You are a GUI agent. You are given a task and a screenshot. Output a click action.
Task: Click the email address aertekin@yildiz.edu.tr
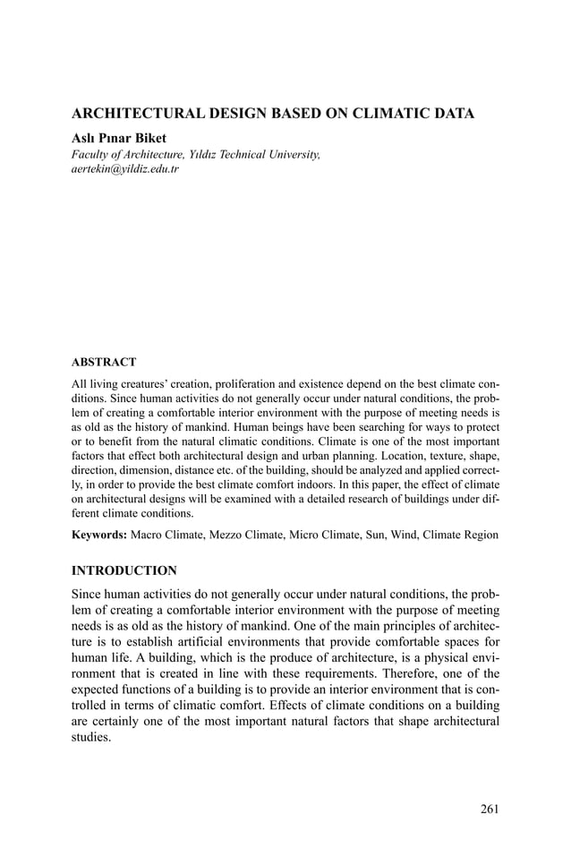point(124,168)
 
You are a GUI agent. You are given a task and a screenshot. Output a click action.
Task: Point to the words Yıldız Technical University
point(251,154)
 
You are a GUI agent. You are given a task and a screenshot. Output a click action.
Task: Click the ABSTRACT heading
point(103,363)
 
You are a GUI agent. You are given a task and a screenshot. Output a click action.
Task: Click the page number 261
point(489,810)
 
